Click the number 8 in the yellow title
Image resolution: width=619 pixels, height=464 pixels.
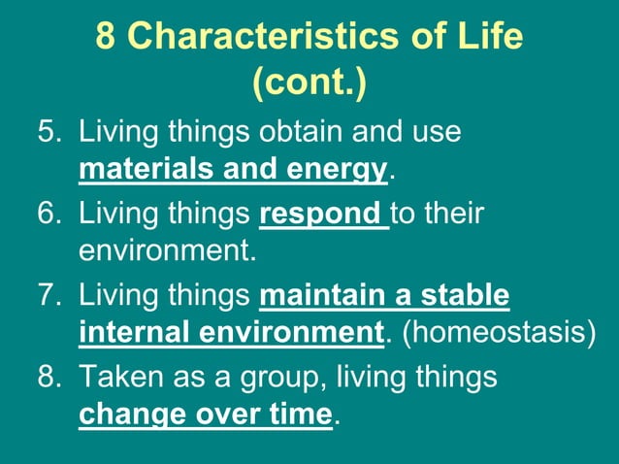(x=108, y=37)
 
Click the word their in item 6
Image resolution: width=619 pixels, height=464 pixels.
(x=452, y=213)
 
